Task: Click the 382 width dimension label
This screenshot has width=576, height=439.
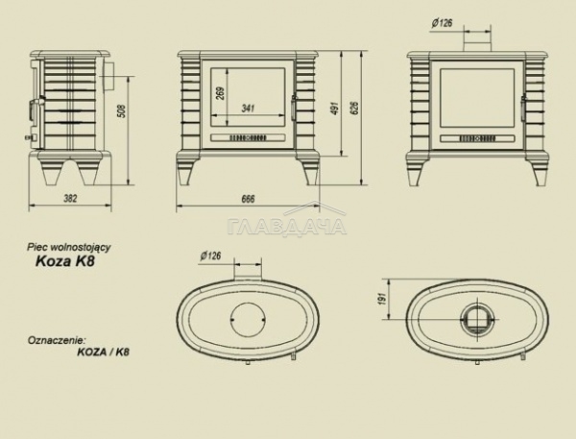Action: [x=70, y=199]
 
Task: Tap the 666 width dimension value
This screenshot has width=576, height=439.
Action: [x=248, y=199]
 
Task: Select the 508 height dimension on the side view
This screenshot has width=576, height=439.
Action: [x=122, y=111]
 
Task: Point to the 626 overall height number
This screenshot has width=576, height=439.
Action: [x=355, y=108]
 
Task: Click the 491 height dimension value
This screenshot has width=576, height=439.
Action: [x=335, y=109]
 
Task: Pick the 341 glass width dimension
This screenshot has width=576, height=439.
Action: [x=248, y=109]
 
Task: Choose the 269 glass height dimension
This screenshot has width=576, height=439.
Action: [x=221, y=93]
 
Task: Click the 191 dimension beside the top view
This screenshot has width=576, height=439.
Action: [x=382, y=299]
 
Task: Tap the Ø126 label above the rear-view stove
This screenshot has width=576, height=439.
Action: [x=442, y=23]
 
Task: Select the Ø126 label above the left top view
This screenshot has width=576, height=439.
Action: [x=211, y=256]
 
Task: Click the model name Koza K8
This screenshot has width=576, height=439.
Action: [x=65, y=261]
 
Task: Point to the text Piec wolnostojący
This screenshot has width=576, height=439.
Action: [x=69, y=247]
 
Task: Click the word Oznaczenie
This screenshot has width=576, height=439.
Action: [x=57, y=340]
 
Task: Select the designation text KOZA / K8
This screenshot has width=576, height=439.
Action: [x=104, y=352]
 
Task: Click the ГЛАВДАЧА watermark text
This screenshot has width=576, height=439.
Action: [x=287, y=226]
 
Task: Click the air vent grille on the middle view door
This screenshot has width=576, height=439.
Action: [x=248, y=138]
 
